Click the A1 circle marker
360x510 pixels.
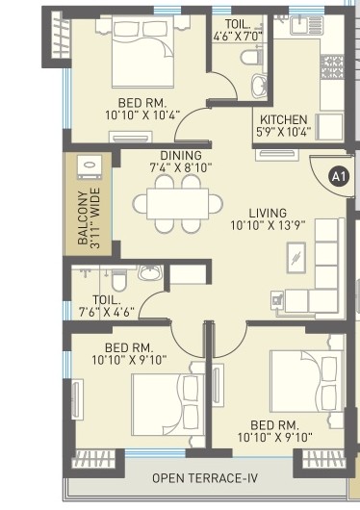click(337, 176)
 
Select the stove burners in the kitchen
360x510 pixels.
click(332, 65)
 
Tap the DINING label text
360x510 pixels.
click(181, 156)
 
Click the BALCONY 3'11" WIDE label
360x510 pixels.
click(88, 221)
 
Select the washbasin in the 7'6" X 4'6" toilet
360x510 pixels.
click(151, 273)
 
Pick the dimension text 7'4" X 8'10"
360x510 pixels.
click(181, 168)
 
